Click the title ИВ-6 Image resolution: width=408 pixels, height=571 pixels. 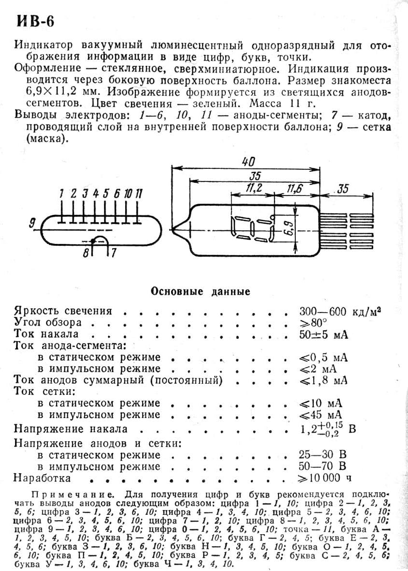coord(36,22)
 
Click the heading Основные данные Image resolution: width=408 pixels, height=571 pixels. coord(201,291)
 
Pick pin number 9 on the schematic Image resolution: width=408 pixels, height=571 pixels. coord(32,223)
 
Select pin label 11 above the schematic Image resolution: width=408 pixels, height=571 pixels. coord(139,194)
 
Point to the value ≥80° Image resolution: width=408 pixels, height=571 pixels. coord(313,323)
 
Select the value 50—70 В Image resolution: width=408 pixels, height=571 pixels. coord(323,466)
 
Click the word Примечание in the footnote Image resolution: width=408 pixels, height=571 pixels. coord(72,495)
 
